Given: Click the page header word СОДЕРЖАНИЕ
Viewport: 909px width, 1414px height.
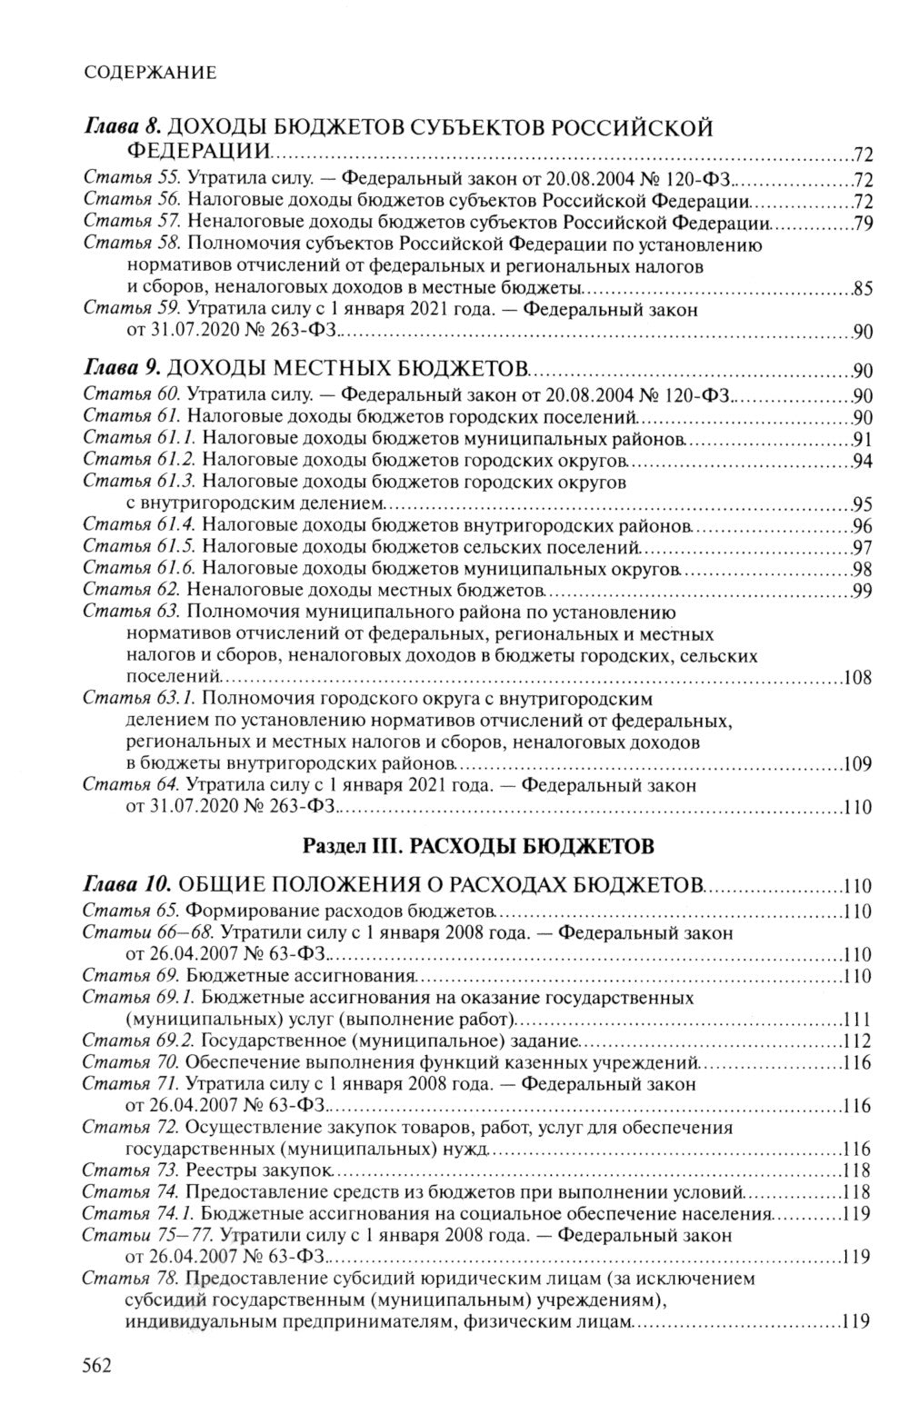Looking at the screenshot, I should pyautogui.click(x=149, y=73).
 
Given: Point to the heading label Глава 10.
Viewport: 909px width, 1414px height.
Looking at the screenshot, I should pyautogui.click(x=127, y=884).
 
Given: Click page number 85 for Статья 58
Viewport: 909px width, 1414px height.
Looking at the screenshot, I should pyautogui.click(x=864, y=291).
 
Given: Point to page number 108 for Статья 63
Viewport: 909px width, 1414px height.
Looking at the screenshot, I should pyautogui.click(x=858, y=678).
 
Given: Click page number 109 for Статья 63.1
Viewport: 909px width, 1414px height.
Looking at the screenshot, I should pyautogui.click(x=858, y=764).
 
